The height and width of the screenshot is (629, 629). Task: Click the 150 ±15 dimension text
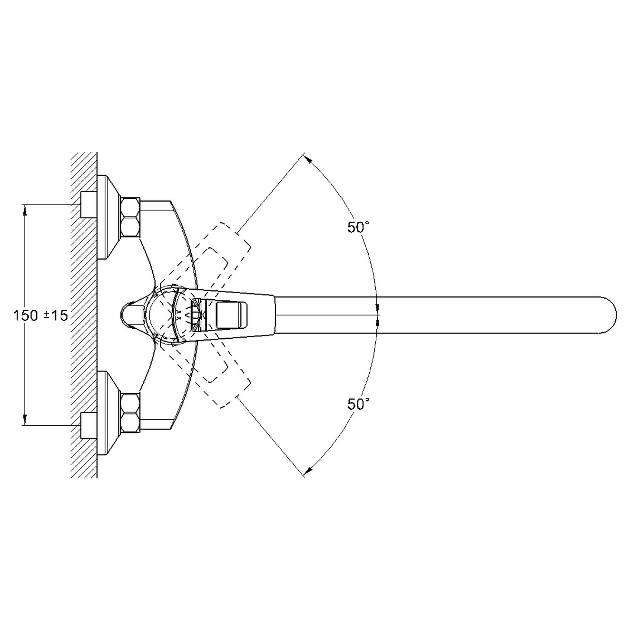tap(40, 315)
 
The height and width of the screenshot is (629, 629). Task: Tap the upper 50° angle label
tap(358, 227)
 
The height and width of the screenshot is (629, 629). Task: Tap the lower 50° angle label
tap(358, 404)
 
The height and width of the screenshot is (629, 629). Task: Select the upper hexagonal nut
tap(130, 217)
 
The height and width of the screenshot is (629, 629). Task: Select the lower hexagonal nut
tap(130, 413)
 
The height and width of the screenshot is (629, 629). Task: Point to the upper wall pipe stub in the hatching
tap(88, 205)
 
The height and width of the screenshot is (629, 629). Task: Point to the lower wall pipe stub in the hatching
tap(88, 425)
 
